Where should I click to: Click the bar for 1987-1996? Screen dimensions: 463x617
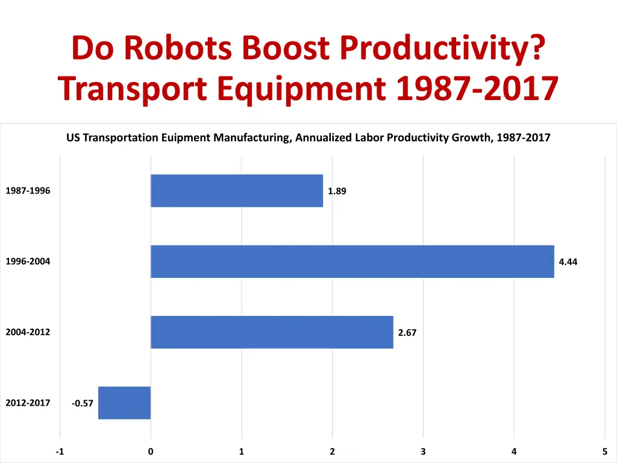point(237,191)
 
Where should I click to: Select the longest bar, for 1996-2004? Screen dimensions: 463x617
point(352,261)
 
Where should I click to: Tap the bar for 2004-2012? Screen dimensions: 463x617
point(272,332)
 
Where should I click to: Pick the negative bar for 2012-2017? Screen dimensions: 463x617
point(124,402)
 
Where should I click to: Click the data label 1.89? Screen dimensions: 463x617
point(337,192)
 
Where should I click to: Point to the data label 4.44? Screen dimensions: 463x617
point(568,262)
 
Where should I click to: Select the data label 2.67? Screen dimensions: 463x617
point(407,332)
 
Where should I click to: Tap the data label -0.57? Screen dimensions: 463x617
point(83,403)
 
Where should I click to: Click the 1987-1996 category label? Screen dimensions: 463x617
point(28,191)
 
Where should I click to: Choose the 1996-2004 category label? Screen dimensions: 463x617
point(28,262)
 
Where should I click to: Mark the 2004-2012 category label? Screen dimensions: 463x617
point(28,332)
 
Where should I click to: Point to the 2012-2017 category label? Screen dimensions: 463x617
point(28,403)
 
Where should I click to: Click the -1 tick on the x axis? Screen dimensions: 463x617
point(59,452)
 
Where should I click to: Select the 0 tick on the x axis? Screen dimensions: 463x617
point(151,452)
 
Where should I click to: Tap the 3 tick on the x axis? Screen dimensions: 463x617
point(423,452)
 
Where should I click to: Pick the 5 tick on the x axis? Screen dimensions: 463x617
point(604,452)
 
